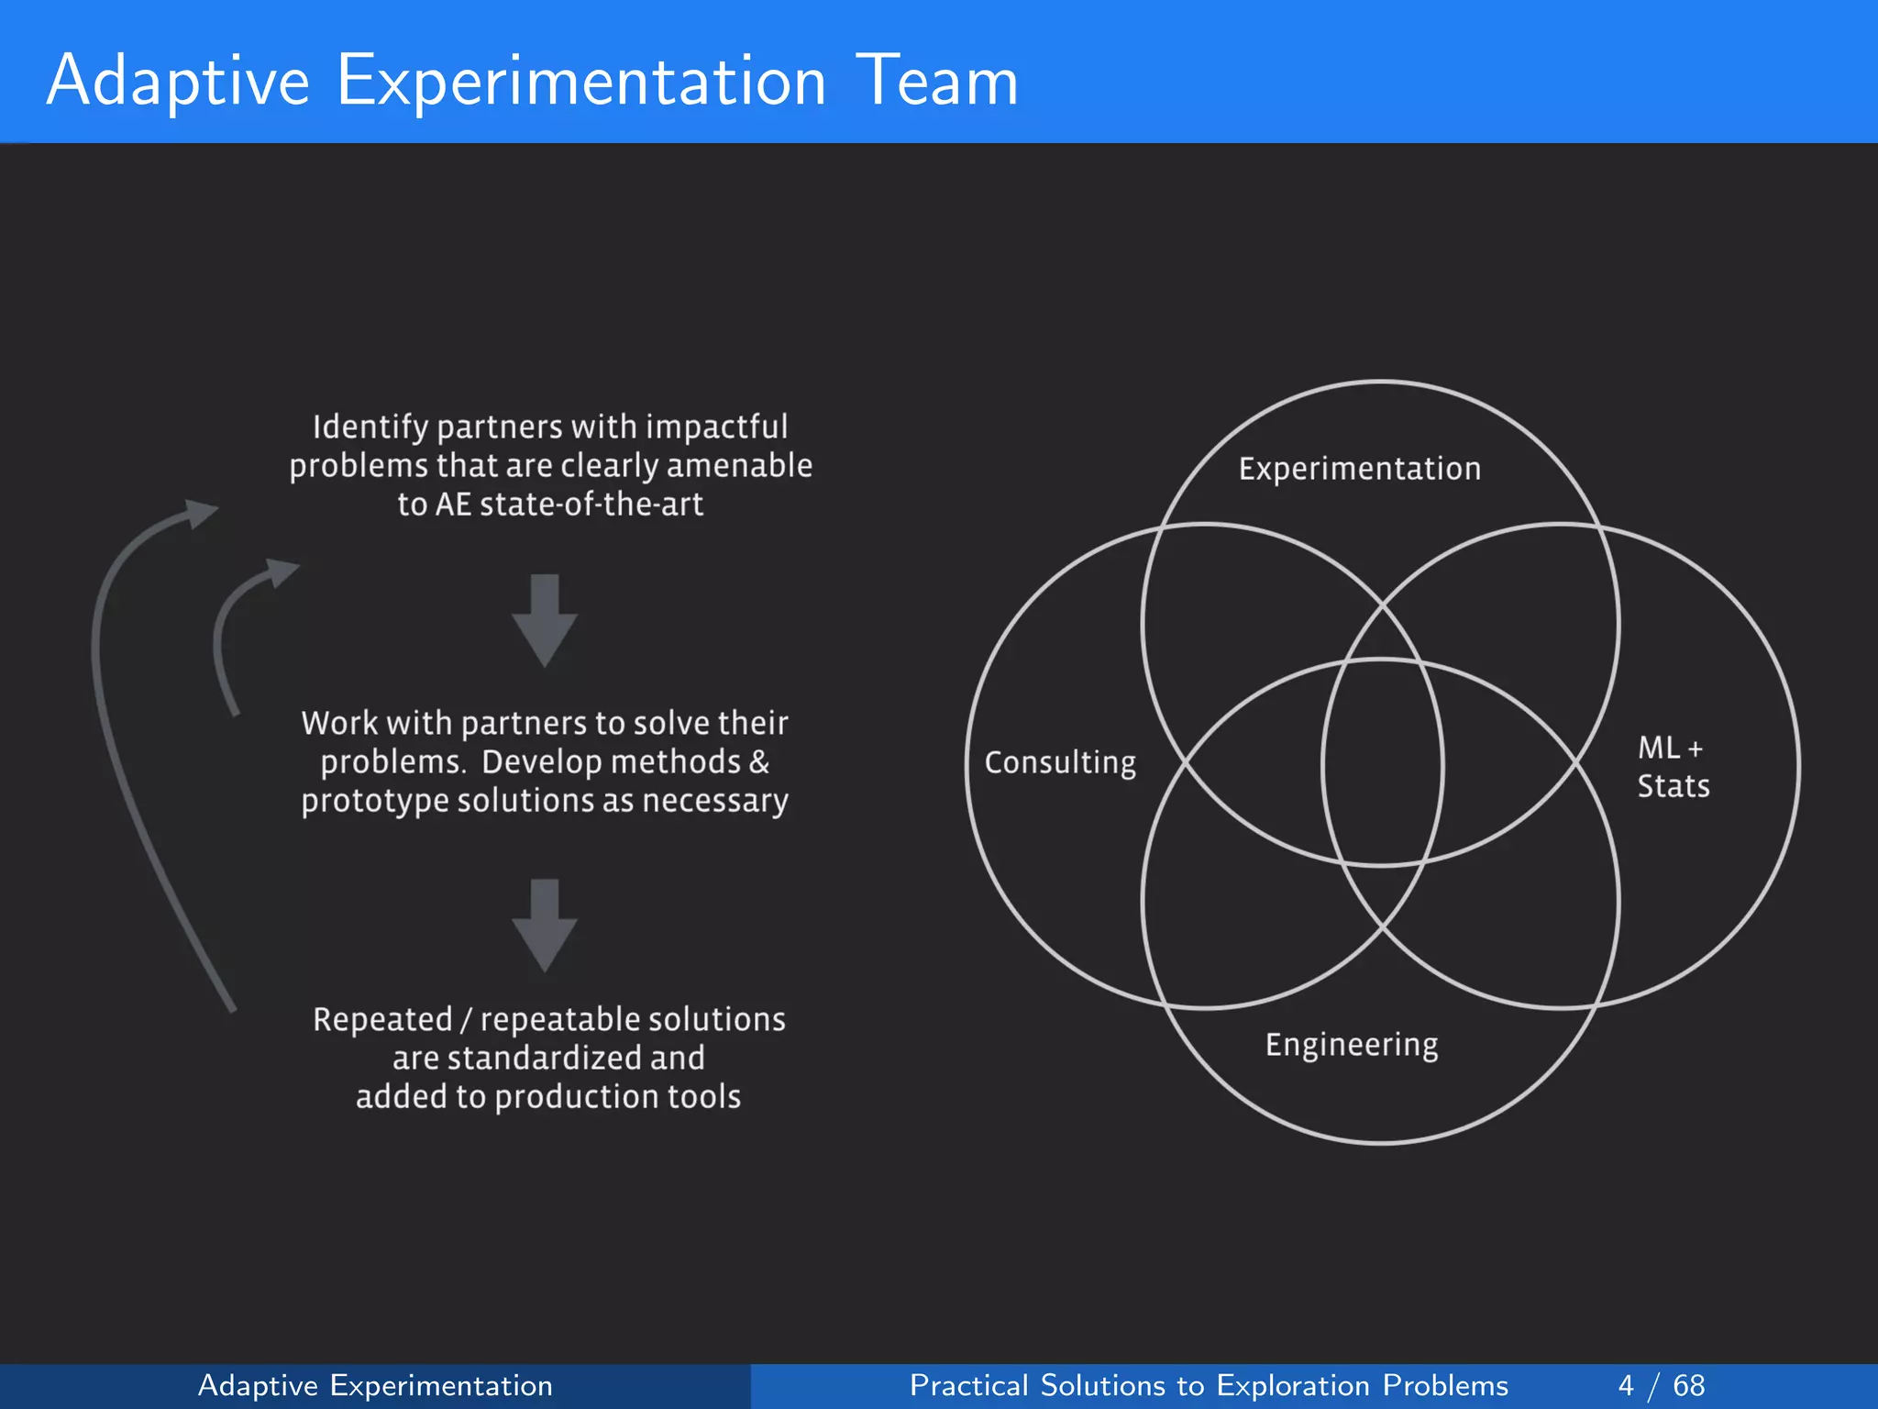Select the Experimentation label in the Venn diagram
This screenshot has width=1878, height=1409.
[x=1359, y=469]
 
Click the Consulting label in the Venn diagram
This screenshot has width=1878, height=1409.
[x=1060, y=762]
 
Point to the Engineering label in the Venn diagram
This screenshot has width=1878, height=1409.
[x=1352, y=1045]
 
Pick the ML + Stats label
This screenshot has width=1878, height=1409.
[x=1673, y=767]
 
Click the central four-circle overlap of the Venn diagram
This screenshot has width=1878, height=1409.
[x=1382, y=762]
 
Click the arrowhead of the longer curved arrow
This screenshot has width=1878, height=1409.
[x=199, y=513]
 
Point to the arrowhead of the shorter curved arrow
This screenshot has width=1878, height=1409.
[x=281, y=572]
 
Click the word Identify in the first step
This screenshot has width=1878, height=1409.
[x=370, y=427]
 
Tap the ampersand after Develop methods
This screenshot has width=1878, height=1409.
[x=759, y=761]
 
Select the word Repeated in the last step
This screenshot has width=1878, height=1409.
[x=382, y=1020]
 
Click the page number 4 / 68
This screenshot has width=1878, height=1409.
[x=1661, y=1385]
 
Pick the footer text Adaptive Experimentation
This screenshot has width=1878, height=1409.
[x=375, y=1385]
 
